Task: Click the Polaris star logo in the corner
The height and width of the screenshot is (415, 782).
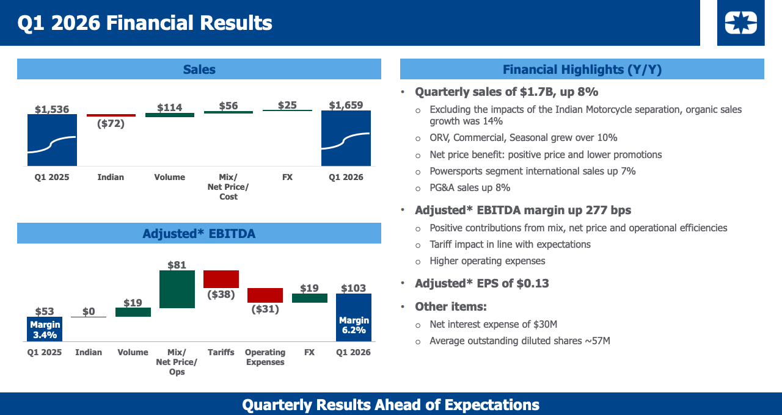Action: coord(740,23)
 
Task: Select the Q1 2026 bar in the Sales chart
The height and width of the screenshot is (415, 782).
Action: coord(346,139)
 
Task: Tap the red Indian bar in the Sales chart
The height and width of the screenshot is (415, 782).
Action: coord(111,115)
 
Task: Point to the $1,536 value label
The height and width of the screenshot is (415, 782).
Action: coord(52,109)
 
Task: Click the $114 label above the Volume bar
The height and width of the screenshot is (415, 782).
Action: coord(169,107)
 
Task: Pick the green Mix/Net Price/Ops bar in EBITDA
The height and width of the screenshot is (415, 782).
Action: coord(177,289)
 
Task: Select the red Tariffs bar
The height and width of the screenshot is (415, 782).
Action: coord(221,279)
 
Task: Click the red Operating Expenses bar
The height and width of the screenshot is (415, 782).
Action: coord(265,295)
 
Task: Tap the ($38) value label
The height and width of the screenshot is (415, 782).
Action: coord(221,294)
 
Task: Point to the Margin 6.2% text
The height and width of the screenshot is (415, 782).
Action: coord(354,325)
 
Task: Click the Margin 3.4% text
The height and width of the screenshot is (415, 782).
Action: coord(45,330)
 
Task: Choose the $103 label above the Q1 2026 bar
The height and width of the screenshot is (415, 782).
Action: coord(353,288)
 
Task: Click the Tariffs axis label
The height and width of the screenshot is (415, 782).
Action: coord(221,352)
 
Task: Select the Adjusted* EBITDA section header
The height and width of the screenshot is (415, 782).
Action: coord(199,234)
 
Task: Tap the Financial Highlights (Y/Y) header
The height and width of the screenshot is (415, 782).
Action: coord(582,70)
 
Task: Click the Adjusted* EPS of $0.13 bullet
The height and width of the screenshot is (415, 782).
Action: coord(481,283)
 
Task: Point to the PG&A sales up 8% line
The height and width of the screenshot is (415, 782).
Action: coord(470,187)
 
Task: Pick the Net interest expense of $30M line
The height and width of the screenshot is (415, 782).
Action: coord(493,324)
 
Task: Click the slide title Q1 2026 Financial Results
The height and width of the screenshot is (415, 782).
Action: coord(145,23)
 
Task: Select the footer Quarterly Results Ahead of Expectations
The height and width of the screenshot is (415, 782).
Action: coord(391,405)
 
